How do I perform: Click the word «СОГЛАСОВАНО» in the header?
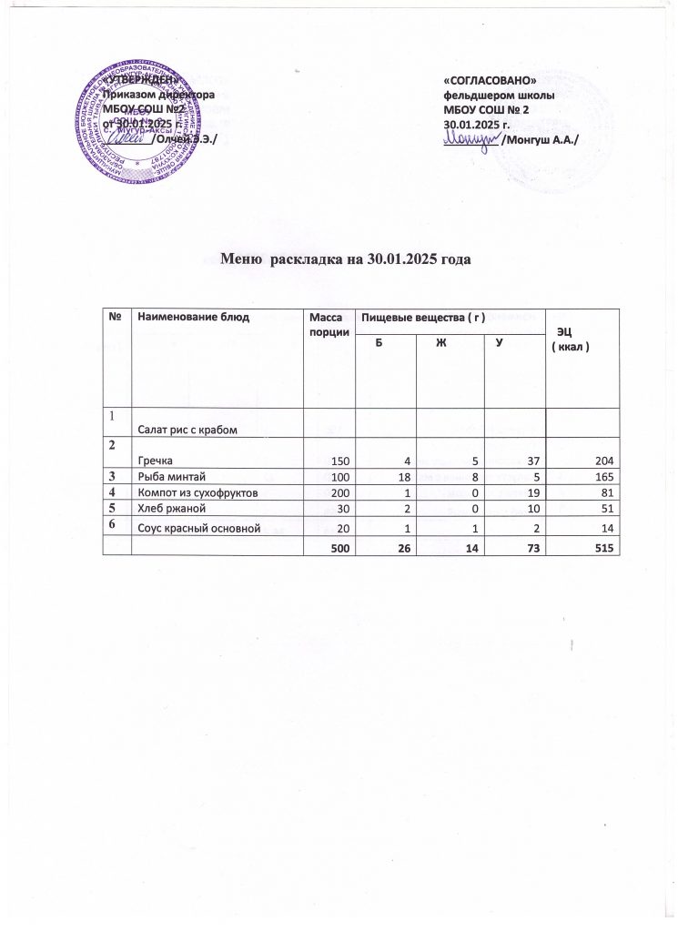487,83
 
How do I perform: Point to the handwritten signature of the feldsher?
471,137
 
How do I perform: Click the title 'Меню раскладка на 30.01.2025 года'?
347,258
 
